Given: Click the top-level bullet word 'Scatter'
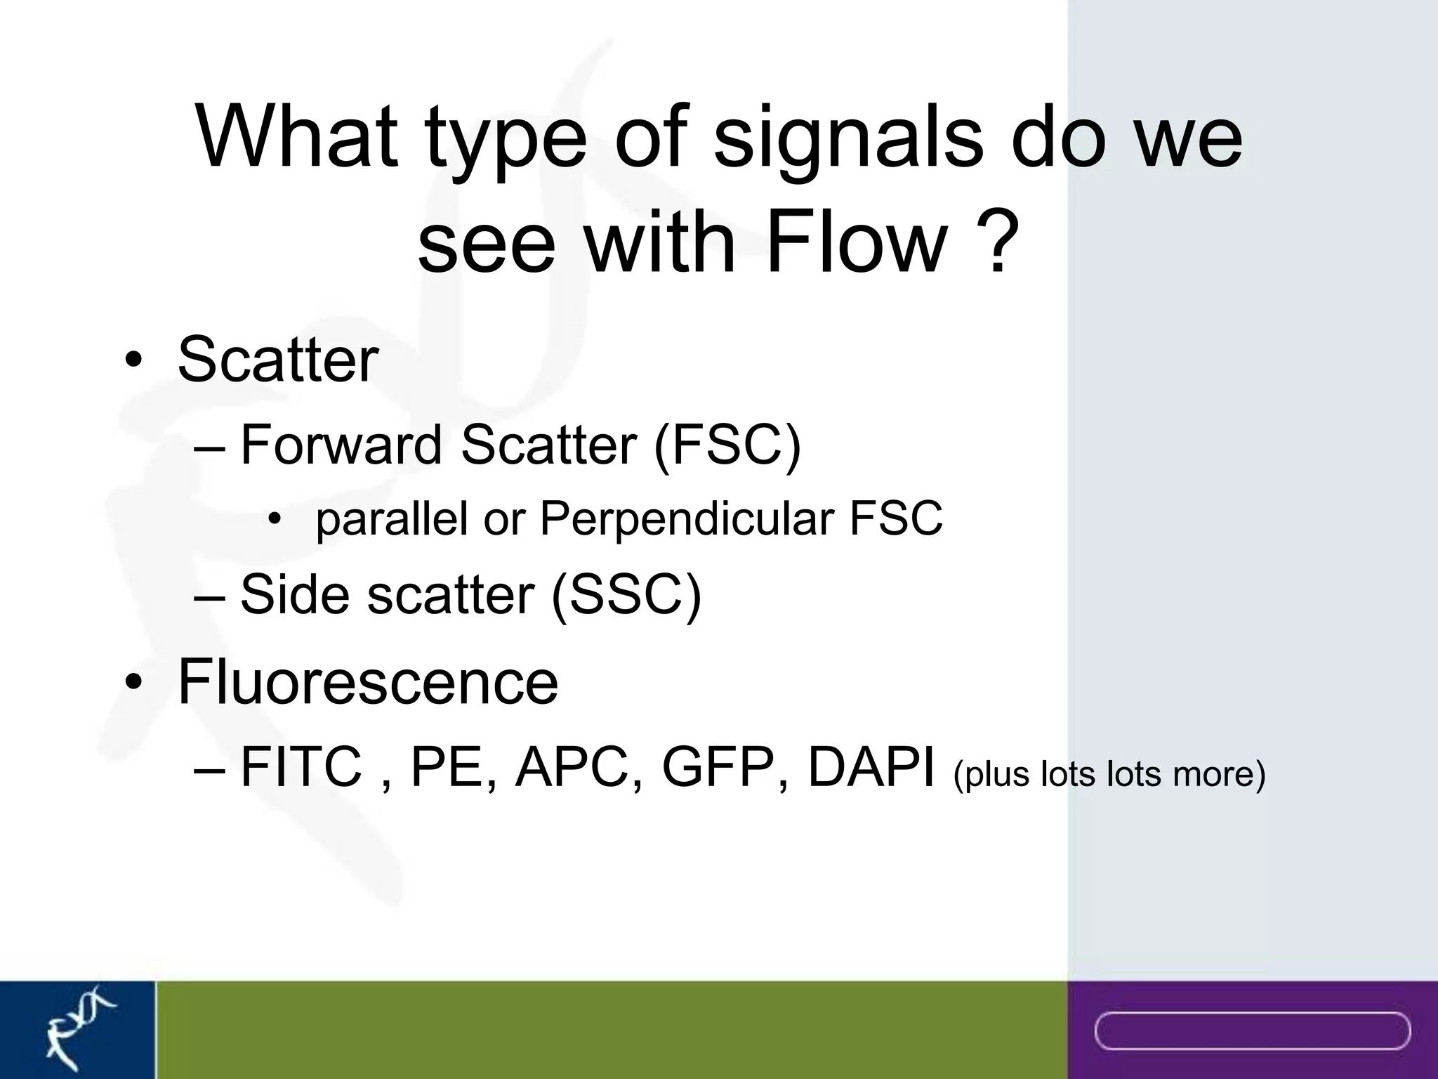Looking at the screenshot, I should tap(278, 360).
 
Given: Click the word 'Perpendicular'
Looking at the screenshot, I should tap(687, 519).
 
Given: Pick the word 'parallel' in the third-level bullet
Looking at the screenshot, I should tap(392, 519).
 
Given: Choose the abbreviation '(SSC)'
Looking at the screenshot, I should tap(626, 594).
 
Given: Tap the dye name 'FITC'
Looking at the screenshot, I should tap(301, 767).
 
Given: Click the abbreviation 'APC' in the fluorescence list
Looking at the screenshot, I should tap(572, 767).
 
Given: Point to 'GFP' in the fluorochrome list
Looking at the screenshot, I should tap(718, 767).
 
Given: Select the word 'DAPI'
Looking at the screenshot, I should tap(871, 767).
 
